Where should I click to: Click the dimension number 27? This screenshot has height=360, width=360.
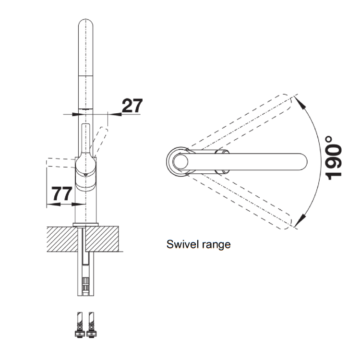click(x=132, y=105)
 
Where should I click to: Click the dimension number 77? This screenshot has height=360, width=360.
click(x=61, y=194)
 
